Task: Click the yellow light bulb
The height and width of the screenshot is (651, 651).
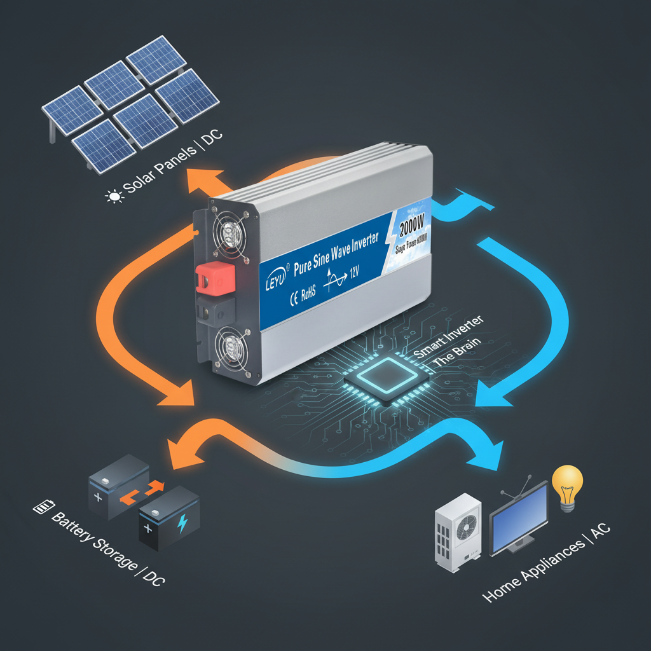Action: tap(567, 484)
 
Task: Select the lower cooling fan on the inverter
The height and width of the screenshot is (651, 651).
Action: tap(231, 348)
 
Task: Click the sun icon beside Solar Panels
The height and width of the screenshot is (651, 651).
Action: tap(114, 197)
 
